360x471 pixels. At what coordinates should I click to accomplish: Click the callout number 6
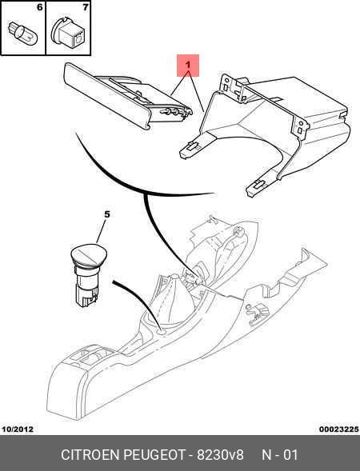[39, 7]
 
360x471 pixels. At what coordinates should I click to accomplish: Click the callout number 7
[86, 7]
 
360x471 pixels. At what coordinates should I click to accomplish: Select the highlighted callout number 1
[188, 65]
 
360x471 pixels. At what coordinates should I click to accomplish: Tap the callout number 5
[107, 214]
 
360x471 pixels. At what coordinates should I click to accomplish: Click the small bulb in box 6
[22, 34]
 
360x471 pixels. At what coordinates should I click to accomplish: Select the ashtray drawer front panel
[106, 96]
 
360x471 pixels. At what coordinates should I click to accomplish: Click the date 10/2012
[18, 429]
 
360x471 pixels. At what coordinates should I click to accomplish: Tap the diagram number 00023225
[339, 429]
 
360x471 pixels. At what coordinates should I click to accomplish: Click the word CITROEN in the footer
[90, 455]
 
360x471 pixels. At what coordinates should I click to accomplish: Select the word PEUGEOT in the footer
[154, 455]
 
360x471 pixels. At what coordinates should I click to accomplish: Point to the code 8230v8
[220, 455]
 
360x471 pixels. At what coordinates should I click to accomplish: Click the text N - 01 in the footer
[280, 455]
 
